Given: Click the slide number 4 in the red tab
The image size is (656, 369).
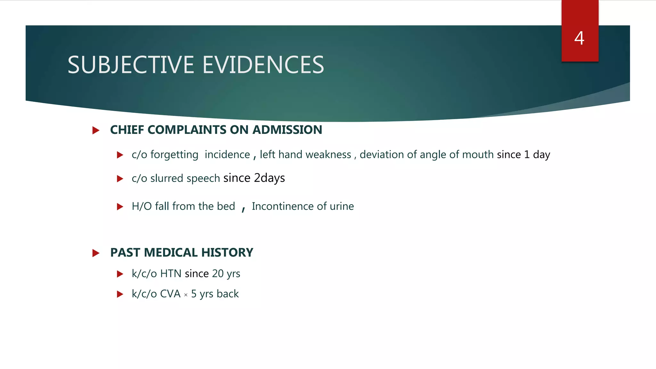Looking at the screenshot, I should (x=579, y=38).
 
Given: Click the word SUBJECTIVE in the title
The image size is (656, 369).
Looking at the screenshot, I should (x=131, y=65).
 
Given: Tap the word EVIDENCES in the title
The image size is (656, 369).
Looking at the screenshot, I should (x=263, y=65).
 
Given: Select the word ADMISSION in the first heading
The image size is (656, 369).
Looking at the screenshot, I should (x=287, y=130).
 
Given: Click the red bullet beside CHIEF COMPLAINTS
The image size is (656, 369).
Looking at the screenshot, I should (x=96, y=130).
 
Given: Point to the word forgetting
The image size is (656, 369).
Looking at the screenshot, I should (x=174, y=155).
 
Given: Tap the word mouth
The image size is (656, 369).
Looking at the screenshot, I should (x=478, y=155).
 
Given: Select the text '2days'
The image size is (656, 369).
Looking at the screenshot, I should (x=269, y=178).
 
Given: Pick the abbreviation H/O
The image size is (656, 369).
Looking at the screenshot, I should (x=142, y=206).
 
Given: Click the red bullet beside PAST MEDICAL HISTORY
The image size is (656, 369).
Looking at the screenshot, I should (x=96, y=253).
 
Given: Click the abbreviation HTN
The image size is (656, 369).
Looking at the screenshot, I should (x=171, y=274).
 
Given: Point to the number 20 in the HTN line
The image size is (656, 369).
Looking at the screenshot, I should (x=218, y=274).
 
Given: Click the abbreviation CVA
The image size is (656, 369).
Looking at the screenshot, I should (x=170, y=294).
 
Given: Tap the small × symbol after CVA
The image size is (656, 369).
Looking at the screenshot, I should (x=186, y=295).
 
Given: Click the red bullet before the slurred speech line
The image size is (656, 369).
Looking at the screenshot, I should (x=120, y=179).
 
